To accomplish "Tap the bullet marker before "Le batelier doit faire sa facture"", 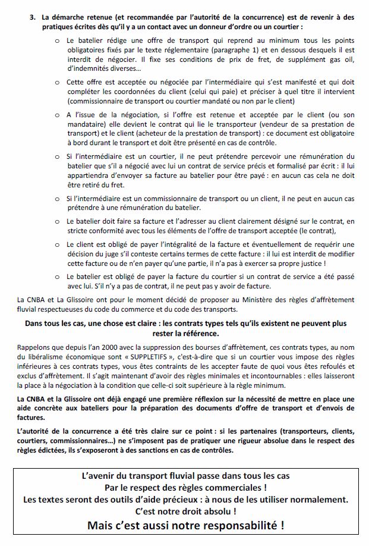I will pyautogui.click(x=57, y=221).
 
